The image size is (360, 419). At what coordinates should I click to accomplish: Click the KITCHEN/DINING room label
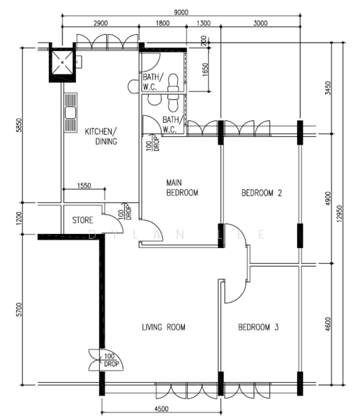[x=101, y=136]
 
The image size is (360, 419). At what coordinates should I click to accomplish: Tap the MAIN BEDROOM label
[x=182, y=188]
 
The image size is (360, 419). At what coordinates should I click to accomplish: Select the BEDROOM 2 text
[x=262, y=193]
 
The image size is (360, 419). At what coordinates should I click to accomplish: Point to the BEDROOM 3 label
[x=258, y=327]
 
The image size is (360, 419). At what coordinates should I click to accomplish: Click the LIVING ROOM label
[x=163, y=327]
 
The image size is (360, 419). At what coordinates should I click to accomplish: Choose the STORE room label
[x=82, y=220]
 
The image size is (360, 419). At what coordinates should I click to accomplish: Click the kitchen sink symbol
[x=70, y=112]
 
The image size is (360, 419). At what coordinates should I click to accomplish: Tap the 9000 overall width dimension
[x=181, y=13]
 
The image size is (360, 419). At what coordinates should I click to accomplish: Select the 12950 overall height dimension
[x=339, y=214]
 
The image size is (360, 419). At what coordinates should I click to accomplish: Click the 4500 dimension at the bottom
[x=161, y=409]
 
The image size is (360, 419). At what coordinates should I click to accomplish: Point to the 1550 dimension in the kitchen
[x=84, y=186]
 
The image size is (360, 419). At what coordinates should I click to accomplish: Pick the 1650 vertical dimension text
[x=205, y=69]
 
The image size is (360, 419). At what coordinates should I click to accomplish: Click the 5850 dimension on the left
[x=19, y=125]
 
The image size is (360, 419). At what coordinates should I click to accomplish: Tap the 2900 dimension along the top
[x=100, y=23]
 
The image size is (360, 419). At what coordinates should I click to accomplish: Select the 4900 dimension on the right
[x=328, y=198]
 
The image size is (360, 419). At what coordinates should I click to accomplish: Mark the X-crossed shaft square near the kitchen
[x=62, y=63]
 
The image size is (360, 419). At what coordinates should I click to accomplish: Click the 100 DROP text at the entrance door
[x=110, y=360]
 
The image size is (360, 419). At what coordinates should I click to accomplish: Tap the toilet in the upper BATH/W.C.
[x=173, y=83]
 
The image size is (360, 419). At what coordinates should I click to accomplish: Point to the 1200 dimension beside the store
[x=19, y=219]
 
